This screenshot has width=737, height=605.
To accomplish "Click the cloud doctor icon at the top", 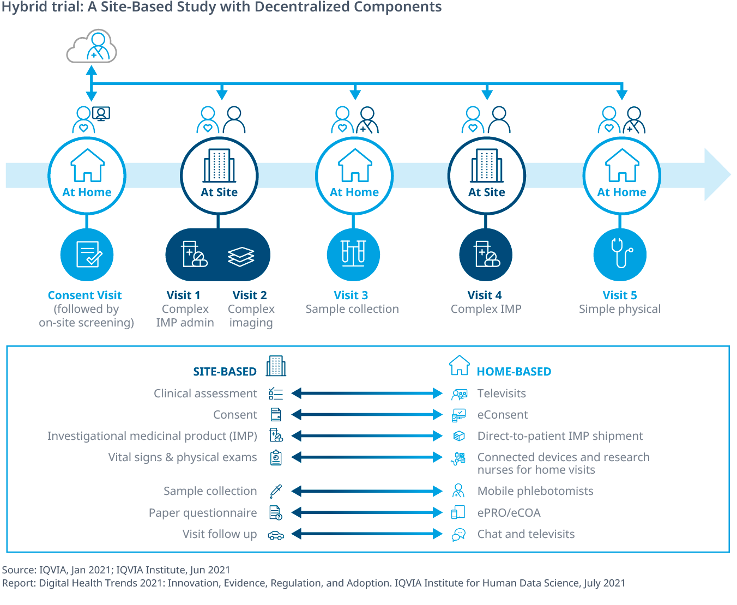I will click(x=92, y=47).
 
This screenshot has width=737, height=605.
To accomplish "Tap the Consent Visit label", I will click(x=84, y=295).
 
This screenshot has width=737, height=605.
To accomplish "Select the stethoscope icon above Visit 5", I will click(x=620, y=255).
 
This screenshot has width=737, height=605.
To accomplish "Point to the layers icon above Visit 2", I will click(x=241, y=256).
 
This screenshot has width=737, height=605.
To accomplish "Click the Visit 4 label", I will click(x=484, y=295).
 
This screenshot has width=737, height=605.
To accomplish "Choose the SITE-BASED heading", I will click(x=225, y=372).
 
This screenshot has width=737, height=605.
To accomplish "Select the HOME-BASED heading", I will click(x=514, y=372).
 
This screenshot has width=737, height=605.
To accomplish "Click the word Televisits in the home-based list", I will click(x=502, y=394).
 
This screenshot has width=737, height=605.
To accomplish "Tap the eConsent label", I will click(x=502, y=415).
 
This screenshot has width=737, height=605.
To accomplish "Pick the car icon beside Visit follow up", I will click(x=276, y=535).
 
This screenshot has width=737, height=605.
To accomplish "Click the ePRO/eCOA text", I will click(x=509, y=513).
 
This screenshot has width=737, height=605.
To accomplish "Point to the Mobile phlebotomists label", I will click(x=535, y=491).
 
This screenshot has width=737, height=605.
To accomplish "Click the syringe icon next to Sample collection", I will click(x=276, y=491).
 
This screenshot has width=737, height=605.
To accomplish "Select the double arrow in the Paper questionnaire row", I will click(x=366, y=513).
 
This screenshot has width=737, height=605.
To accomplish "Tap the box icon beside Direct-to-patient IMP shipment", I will click(x=459, y=436).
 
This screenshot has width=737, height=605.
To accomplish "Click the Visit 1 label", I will click(x=183, y=295).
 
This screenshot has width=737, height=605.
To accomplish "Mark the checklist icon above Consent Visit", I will click(x=87, y=255).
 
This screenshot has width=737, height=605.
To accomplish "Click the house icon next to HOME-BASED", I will click(x=459, y=365).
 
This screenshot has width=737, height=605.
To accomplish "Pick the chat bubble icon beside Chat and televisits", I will click(x=459, y=535).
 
